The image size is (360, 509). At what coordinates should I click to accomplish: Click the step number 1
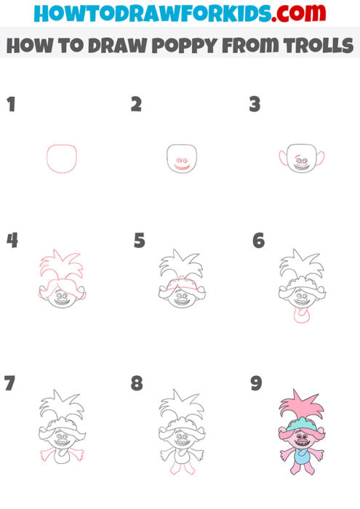click(10, 105)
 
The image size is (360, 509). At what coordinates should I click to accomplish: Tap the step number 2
click(136, 105)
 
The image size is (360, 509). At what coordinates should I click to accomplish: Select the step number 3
click(255, 105)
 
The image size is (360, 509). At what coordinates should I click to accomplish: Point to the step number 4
click(12, 240)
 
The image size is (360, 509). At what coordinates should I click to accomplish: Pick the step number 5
click(139, 241)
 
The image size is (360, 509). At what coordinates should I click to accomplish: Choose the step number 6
click(258, 241)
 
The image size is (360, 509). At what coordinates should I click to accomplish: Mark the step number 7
click(9, 383)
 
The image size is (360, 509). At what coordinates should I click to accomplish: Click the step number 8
click(137, 383)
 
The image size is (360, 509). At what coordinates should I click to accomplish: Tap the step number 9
click(256, 383)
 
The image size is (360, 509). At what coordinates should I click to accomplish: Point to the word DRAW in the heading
click(117, 46)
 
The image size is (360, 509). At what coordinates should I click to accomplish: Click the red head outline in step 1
click(62, 158)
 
